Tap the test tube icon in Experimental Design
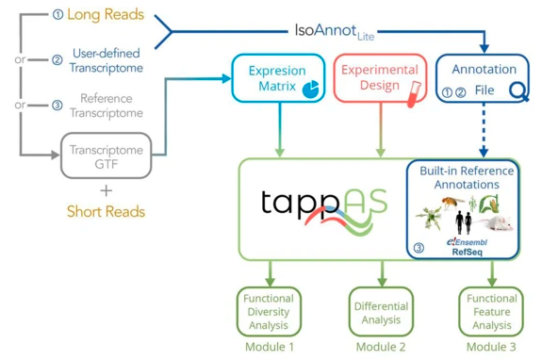(x=412, y=91)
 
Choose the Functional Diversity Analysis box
(x=269, y=310)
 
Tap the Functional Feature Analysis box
(x=489, y=310)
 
